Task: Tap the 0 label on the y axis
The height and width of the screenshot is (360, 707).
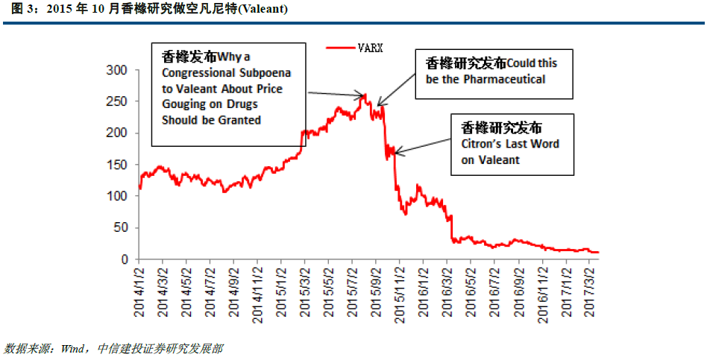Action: point(125,259)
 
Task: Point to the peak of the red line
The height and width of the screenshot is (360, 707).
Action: point(365,95)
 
